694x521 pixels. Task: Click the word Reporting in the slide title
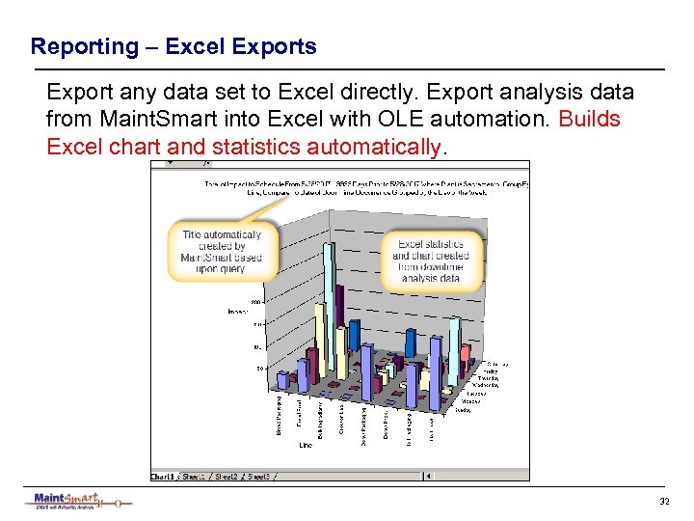tap(85, 46)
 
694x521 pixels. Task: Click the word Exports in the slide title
tap(280, 46)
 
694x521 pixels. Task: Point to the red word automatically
tap(377, 147)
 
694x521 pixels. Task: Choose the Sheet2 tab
tap(226, 476)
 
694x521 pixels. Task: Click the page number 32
tap(663, 502)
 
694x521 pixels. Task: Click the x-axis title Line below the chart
tap(306, 445)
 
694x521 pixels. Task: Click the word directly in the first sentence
tap(371, 93)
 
